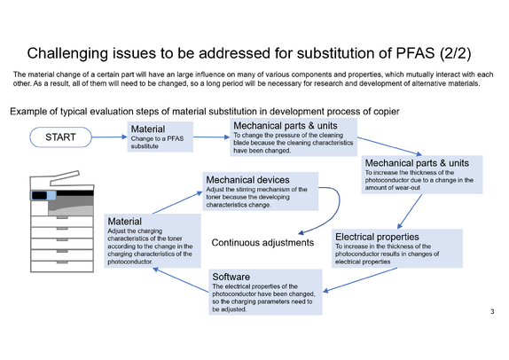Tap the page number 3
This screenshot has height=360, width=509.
click(492, 311)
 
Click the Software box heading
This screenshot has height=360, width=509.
click(231, 277)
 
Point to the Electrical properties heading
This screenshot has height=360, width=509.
click(377, 237)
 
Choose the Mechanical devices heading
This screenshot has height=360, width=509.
click(247, 180)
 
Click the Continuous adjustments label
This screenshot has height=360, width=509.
click(262, 242)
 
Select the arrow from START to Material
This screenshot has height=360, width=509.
click(109, 137)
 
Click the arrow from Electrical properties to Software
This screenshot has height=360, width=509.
click(360, 280)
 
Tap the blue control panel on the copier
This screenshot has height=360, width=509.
click(43, 195)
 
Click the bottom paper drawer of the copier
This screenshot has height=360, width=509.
click(62, 267)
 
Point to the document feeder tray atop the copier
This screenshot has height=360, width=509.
click(65, 177)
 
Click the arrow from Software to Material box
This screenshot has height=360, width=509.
click(181, 280)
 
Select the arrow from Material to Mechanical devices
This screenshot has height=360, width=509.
click(177, 202)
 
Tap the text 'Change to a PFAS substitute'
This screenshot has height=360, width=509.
click(158, 142)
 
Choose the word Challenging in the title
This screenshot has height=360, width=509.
click(67, 53)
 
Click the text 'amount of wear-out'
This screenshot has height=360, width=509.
click(393, 188)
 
